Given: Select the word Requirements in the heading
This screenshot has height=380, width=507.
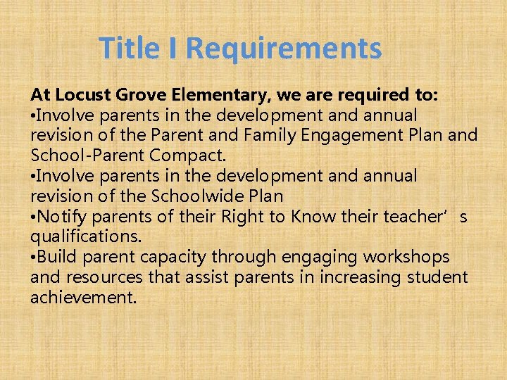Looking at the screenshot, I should (284, 49).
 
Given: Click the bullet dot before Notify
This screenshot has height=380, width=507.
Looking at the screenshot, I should (33, 216).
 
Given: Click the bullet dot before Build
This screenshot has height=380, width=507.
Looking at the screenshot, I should (33, 257).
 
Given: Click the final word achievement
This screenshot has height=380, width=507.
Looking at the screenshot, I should (83, 297).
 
